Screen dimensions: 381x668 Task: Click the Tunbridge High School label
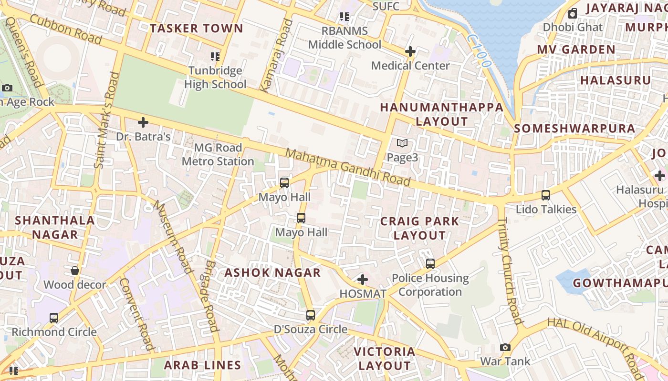[215, 78]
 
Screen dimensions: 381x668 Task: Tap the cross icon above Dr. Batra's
[143, 122]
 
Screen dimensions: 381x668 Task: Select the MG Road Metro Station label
[218, 154]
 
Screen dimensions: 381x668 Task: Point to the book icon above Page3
[402, 143]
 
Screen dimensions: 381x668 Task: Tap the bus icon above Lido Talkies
[546, 195]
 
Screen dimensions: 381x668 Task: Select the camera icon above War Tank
[505, 347]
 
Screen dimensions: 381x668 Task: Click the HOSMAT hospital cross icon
[363, 280]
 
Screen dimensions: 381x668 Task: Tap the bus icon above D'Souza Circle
[311, 315]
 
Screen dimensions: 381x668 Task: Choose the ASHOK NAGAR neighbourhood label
[272, 273]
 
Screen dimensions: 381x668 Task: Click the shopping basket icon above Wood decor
[75, 271]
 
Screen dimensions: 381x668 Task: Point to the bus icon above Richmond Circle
[54, 318]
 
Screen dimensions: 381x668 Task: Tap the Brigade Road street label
[210, 296]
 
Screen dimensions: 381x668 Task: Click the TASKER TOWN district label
[197, 29]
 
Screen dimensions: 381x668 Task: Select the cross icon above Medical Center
[410, 51]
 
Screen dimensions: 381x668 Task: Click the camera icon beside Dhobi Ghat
[573, 13]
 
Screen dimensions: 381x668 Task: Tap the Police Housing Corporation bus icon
[430, 263]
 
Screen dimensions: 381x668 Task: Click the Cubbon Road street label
[66, 29]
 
